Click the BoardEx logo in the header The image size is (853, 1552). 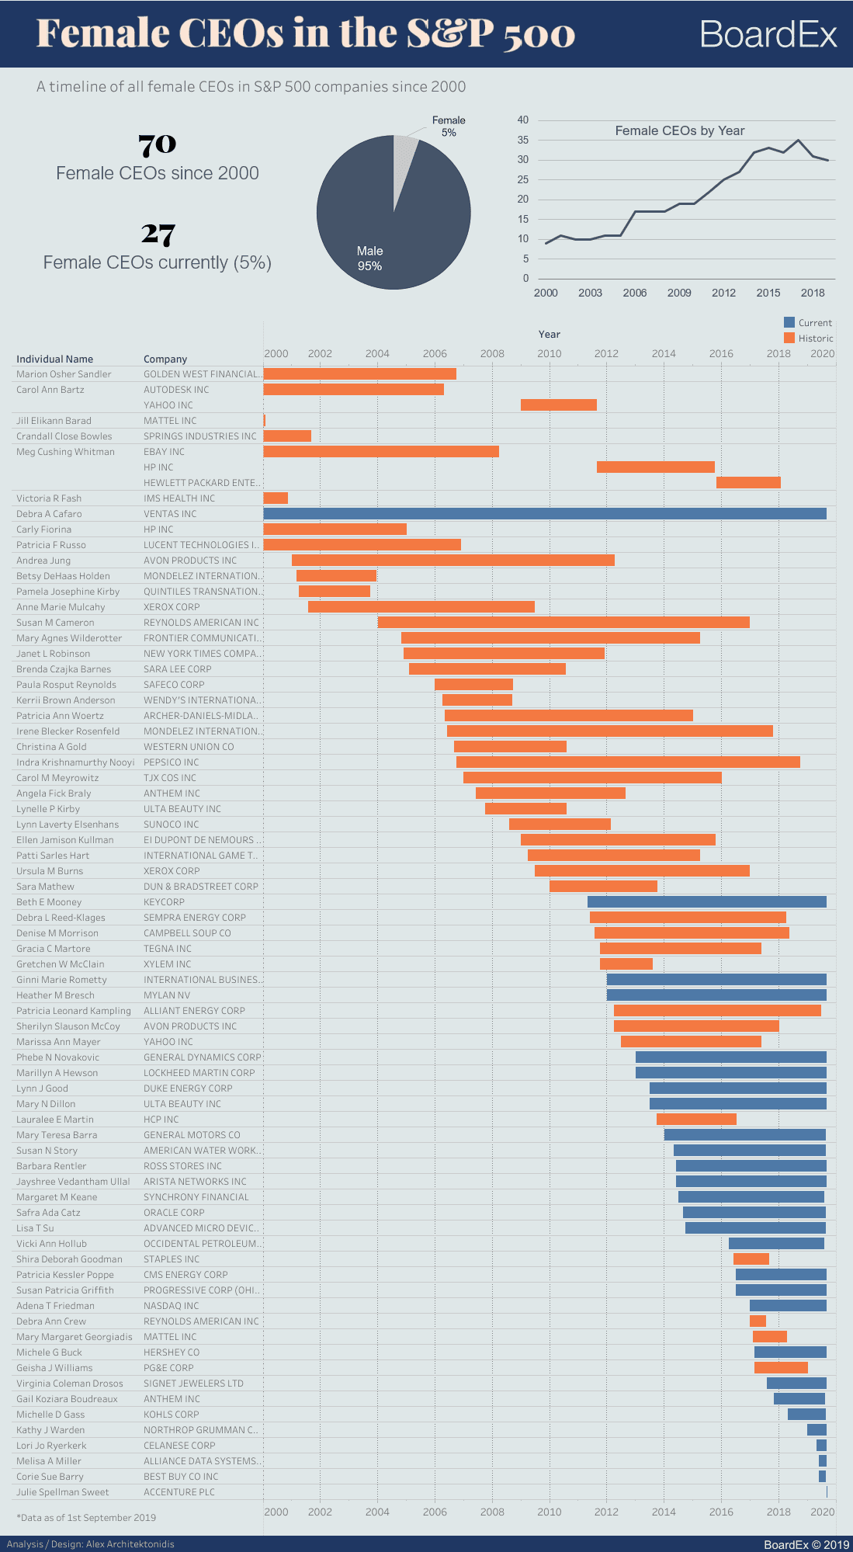tap(768, 35)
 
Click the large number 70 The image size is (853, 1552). tap(158, 144)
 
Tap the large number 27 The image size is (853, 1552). tap(158, 234)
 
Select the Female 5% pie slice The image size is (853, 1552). tap(404, 155)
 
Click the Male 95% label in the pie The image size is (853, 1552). tap(369, 259)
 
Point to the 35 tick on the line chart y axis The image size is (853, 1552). tap(523, 141)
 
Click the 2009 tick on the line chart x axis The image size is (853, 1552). tap(679, 293)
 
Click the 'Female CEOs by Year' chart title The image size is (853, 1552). tap(679, 131)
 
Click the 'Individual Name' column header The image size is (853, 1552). tap(54, 359)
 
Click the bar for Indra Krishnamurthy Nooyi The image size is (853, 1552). tap(628, 762)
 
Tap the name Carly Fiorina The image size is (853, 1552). tap(43, 529)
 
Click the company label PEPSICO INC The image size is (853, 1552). tap(171, 762)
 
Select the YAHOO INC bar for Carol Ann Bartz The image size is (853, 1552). tap(559, 405)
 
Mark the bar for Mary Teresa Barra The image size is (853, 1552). tap(745, 1135)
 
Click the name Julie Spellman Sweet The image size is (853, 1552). tap(62, 1492)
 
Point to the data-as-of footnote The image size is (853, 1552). tap(86, 1517)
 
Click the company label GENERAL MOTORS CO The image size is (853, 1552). tap(192, 1135)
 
